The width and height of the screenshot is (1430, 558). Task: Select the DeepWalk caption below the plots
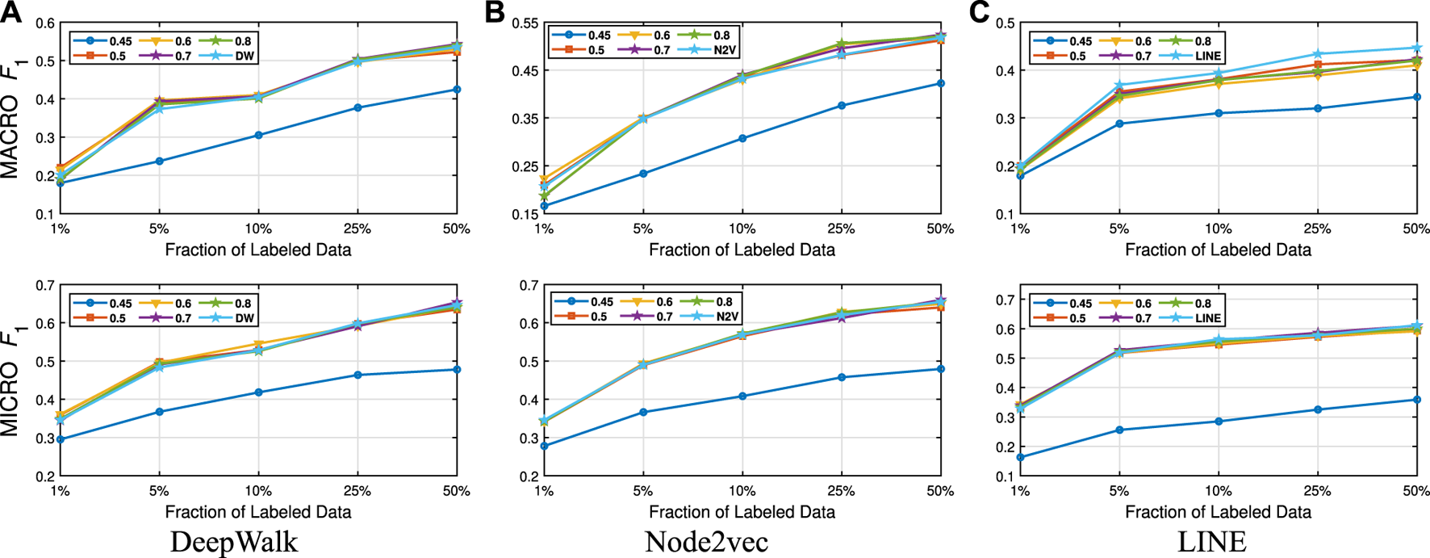[x=234, y=541]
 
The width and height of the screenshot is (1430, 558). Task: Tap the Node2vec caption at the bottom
[x=706, y=541]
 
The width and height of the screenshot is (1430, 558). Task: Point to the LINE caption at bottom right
[x=1211, y=541]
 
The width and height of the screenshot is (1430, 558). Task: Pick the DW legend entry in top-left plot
[x=245, y=57]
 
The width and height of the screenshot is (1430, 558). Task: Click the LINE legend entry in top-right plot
[x=1208, y=57]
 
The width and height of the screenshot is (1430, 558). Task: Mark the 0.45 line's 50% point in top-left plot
[x=456, y=90]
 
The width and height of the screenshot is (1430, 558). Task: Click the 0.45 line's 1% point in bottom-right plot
[x=1020, y=457]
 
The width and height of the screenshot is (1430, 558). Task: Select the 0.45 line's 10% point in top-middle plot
[x=742, y=138]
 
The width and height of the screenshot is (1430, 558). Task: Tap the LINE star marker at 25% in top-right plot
[x=1317, y=54]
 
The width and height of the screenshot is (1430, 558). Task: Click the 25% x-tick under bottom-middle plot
[x=841, y=491]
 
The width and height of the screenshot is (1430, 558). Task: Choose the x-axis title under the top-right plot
[x=1218, y=250]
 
